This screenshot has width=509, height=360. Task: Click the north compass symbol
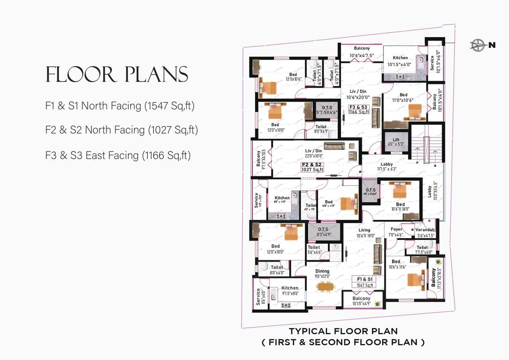pyautogui.click(x=479, y=45)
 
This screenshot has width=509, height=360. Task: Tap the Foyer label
pyautogui.click(x=396, y=229)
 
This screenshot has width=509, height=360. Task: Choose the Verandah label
pyautogui.click(x=425, y=230)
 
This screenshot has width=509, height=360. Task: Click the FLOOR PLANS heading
pyautogui.click(x=117, y=75)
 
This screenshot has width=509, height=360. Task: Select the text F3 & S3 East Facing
pyautogui.click(x=118, y=155)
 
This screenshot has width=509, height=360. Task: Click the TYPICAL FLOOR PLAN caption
pyautogui.click(x=343, y=332)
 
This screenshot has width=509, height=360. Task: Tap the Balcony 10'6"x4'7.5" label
pyautogui.click(x=362, y=52)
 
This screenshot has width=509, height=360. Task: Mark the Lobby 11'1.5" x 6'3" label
pyautogui.click(x=387, y=166)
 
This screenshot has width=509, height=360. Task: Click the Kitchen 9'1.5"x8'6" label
pyautogui.click(x=290, y=291)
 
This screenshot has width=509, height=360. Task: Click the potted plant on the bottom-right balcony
pyautogui.click(x=438, y=262)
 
